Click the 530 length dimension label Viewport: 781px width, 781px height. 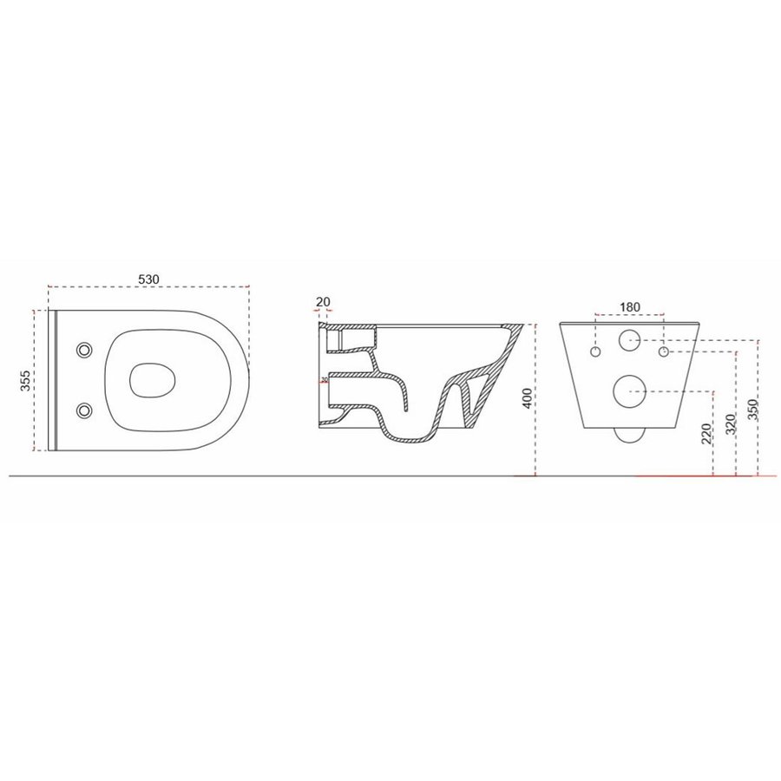148,279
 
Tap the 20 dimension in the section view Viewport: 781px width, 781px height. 323,302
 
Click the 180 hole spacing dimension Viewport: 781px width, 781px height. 630,306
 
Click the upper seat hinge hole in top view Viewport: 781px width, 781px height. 84,350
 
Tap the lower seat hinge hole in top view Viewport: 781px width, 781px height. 84,409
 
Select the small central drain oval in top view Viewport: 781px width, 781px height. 153,379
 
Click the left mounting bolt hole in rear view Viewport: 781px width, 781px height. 596,353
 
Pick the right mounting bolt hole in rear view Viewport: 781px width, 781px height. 663,353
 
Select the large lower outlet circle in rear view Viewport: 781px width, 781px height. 629,391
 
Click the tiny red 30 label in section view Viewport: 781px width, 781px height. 324,379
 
